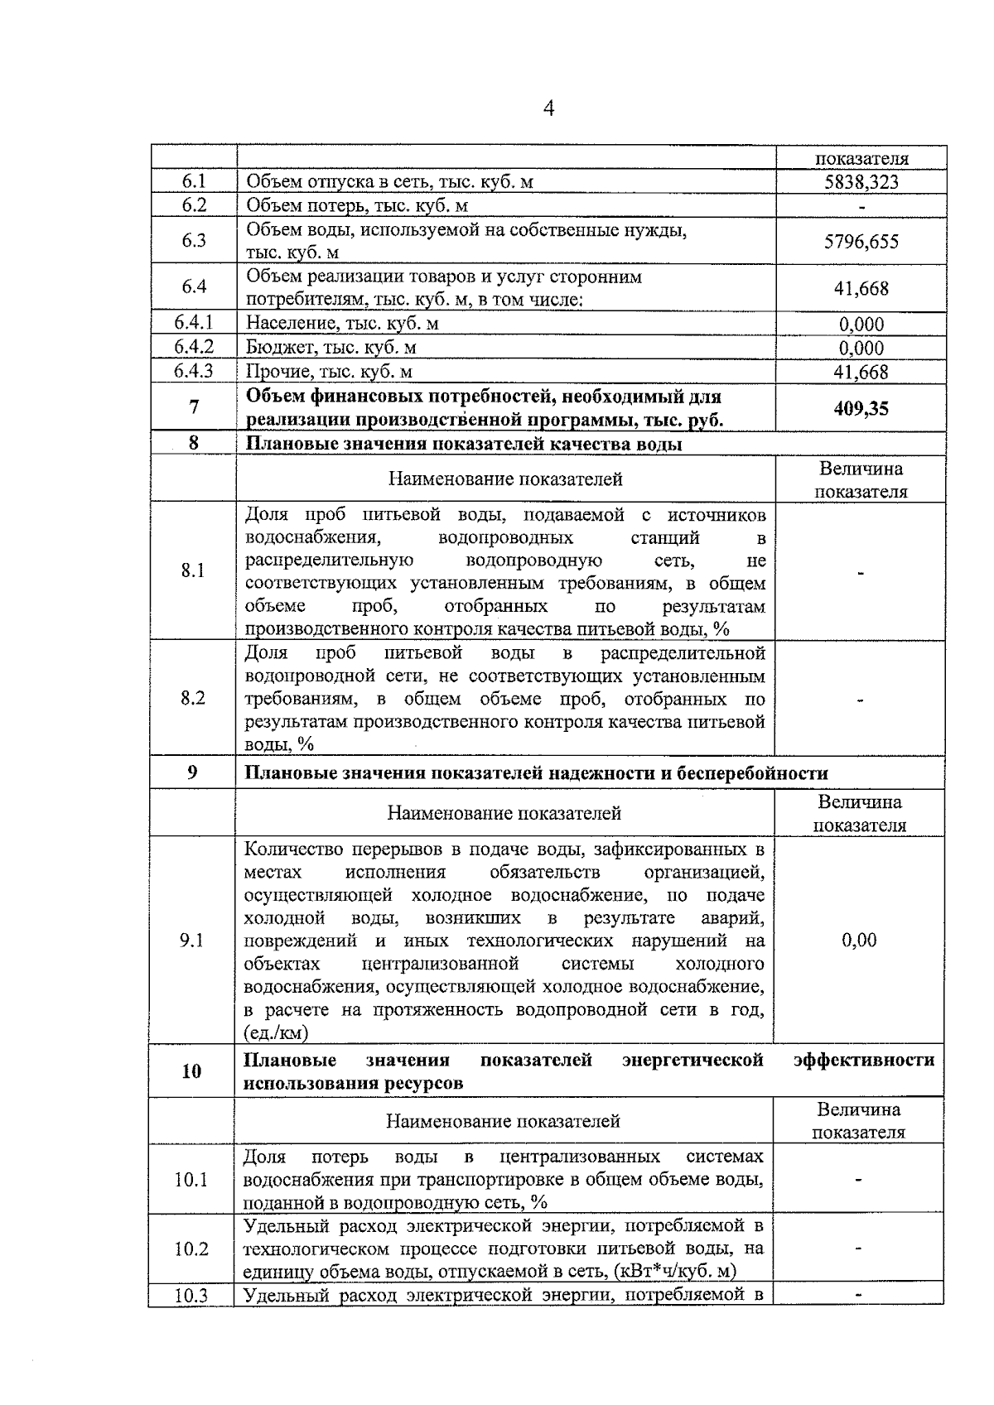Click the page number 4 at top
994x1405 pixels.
click(548, 109)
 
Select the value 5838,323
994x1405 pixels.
click(861, 182)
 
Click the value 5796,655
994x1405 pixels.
click(861, 242)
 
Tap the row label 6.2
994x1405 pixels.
click(194, 205)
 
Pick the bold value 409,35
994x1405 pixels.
click(861, 408)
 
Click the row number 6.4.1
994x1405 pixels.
click(194, 324)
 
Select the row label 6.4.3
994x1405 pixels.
click(194, 371)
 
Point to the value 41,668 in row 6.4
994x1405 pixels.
click(861, 288)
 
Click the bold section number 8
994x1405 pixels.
click(193, 443)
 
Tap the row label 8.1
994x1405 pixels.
click(193, 570)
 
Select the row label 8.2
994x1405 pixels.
click(193, 698)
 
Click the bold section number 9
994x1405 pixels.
click(192, 772)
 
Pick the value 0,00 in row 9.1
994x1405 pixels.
click(859, 940)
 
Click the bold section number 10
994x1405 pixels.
click(191, 1071)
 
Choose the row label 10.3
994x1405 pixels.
click(191, 1296)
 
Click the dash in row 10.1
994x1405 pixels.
click(859, 1180)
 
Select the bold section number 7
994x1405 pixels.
click(194, 407)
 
